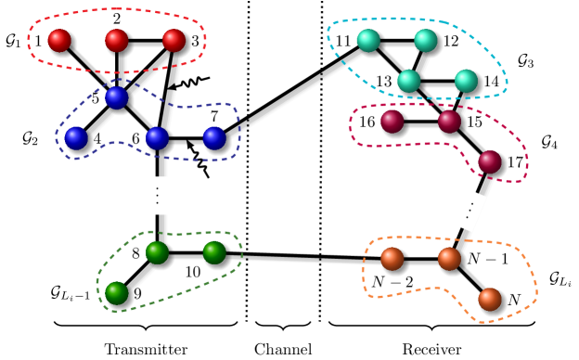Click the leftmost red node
[x=59, y=40]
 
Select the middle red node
[x=117, y=40]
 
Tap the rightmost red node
[x=174, y=40]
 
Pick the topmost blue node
[x=117, y=97]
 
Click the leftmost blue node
[x=76, y=138]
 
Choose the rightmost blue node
[x=214, y=138]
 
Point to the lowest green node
[x=117, y=293]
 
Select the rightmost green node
[x=214, y=252]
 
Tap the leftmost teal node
[x=368, y=40]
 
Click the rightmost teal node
[x=466, y=81]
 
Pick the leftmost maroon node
[x=392, y=122]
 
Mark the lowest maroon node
[x=490, y=161]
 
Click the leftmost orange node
[x=392, y=258]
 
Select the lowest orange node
[x=490, y=299]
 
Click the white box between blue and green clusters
[x=158, y=195]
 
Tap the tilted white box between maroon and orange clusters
[x=470, y=210]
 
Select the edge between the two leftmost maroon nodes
[x=421, y=122]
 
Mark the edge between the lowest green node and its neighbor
[x=137, y=273]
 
